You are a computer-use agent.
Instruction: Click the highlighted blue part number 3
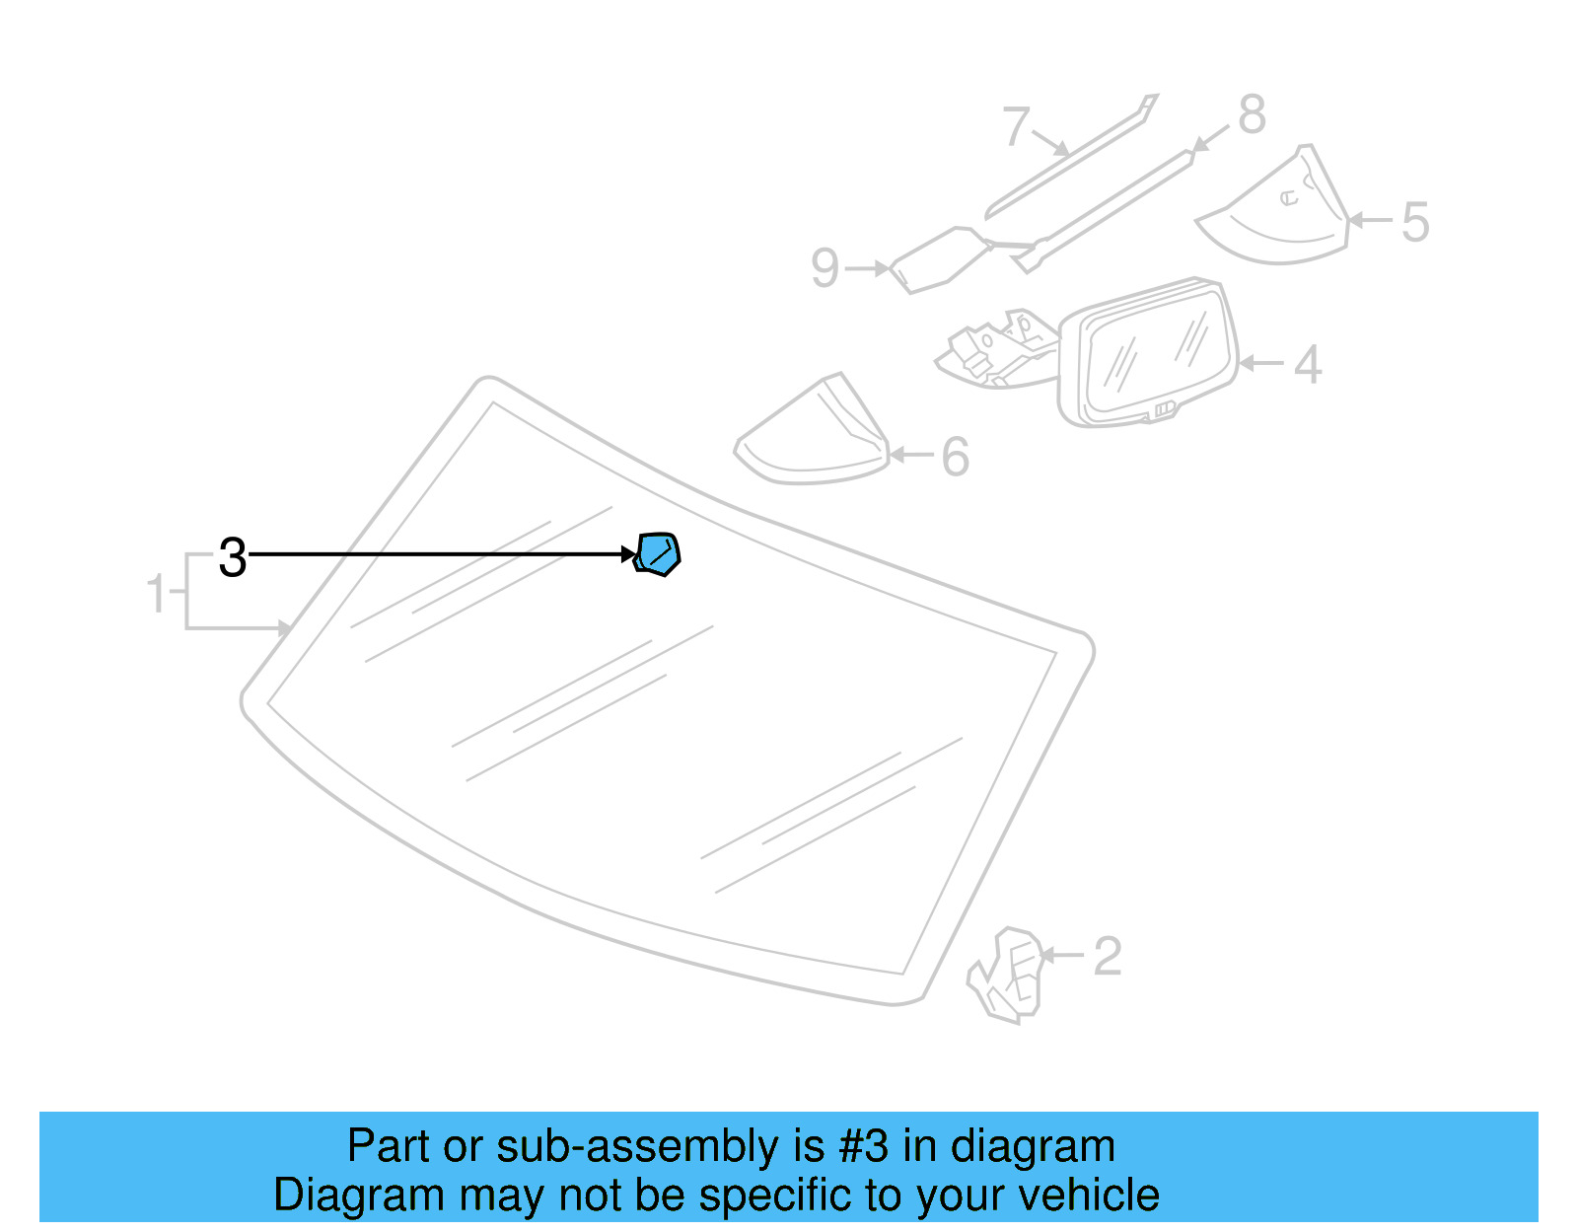pos(659,554)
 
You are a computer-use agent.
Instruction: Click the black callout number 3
pos(233,558)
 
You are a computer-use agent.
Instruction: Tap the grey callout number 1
pos(156,594)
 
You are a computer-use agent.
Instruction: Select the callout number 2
pos(1108,957)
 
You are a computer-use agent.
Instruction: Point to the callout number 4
pos(1308,365)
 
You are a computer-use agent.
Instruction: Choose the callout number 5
pos(1415,222)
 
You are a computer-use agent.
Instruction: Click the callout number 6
pos(955,457)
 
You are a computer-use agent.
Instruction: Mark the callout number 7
pos(1016,127)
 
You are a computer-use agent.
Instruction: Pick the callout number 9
pos(825,268)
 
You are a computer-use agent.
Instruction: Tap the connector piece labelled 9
pos(937,258)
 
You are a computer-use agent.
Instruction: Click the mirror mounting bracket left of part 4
pos(996,350)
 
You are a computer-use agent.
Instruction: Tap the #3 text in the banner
pos(864,1146)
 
